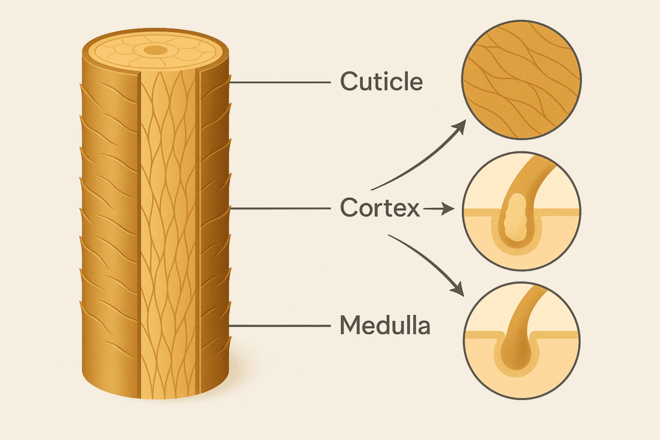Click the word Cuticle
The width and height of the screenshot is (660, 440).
381,82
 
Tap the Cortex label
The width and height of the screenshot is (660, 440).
380,209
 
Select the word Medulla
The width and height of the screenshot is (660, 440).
384,326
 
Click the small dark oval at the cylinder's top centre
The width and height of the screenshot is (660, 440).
155,50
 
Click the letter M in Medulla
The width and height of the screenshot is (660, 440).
350,326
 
